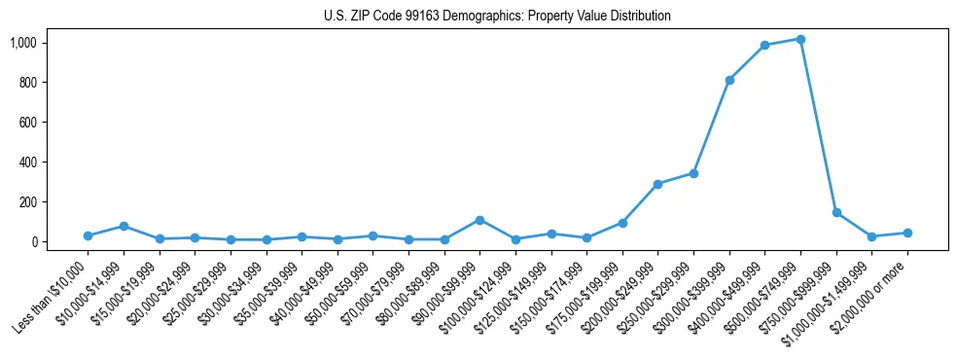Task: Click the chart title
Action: [497, 17]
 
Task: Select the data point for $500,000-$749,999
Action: [800, 39]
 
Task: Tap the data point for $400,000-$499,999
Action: [764, 45]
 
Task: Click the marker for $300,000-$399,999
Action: [729, 80]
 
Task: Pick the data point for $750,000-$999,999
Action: [836, 212]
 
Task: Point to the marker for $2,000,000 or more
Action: [907, 233]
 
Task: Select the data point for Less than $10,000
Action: [88, 235]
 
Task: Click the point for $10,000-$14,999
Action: [124, 226]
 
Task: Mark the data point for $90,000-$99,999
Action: [479, 220]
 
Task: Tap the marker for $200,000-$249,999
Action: [657, 184]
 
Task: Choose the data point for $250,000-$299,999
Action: [693, 173]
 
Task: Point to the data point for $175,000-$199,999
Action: [622, 223]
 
